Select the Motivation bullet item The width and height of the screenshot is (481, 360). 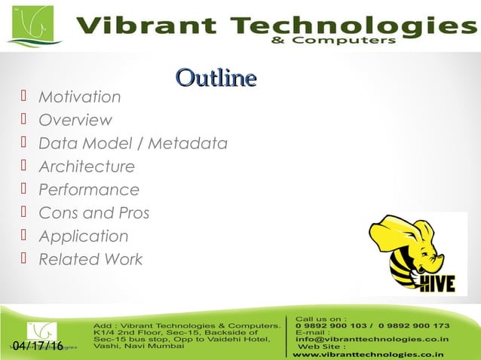click(x=79, y=97)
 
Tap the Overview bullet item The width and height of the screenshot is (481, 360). click(x=75, y=121)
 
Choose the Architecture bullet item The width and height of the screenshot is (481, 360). click(x=86, y=166)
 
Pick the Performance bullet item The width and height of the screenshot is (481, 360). click(x=88, y=190)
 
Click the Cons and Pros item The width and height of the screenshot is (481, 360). click(x=93, y=213)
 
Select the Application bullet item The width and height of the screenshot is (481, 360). click(x=83, y=236)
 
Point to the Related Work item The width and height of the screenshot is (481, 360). click(x=90, y=260)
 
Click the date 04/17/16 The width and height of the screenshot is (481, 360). click(x=38, y=346)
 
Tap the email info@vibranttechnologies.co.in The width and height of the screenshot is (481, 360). click(x=372, y=340)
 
